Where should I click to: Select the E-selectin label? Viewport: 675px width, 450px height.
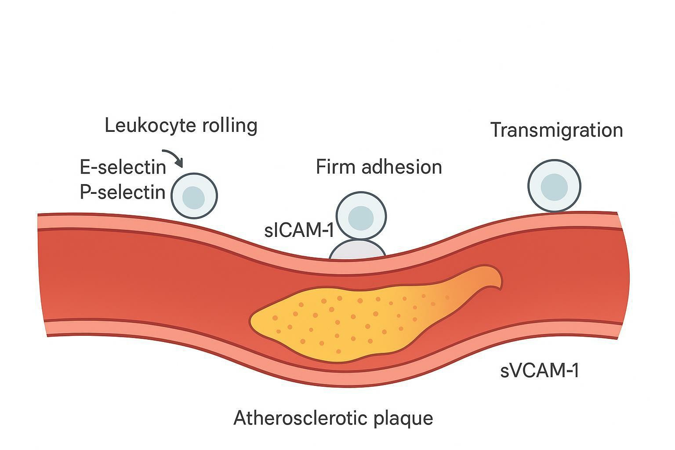[123, 167]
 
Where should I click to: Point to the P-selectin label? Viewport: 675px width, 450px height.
[123, 192]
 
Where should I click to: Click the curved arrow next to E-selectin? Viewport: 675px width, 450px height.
[173, 157]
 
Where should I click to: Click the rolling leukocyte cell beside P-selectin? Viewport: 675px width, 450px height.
[194, 196]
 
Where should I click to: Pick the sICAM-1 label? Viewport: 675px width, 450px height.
[299, 231]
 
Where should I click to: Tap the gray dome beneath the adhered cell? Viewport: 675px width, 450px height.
[357, 250]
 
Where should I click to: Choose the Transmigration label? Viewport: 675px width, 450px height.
[556, 130]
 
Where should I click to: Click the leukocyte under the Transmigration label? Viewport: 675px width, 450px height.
[554, 185]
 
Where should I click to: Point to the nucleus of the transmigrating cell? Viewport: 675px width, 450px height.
[554, 187]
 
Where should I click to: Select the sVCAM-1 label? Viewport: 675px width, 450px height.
[540, 370]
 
